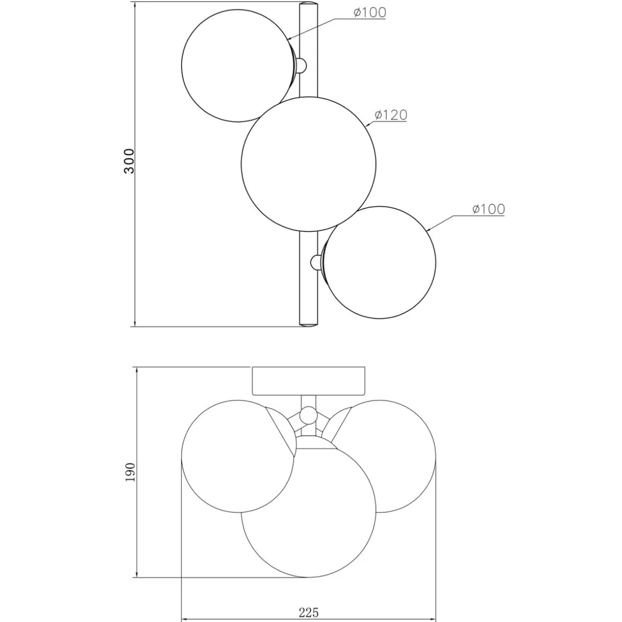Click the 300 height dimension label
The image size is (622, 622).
129,161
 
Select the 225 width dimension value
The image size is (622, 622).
308,603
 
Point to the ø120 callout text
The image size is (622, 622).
391,115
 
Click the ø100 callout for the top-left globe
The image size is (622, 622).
370,13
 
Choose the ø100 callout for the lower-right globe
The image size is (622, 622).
489,209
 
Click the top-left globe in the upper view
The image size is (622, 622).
238,66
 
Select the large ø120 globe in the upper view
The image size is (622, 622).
309,164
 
